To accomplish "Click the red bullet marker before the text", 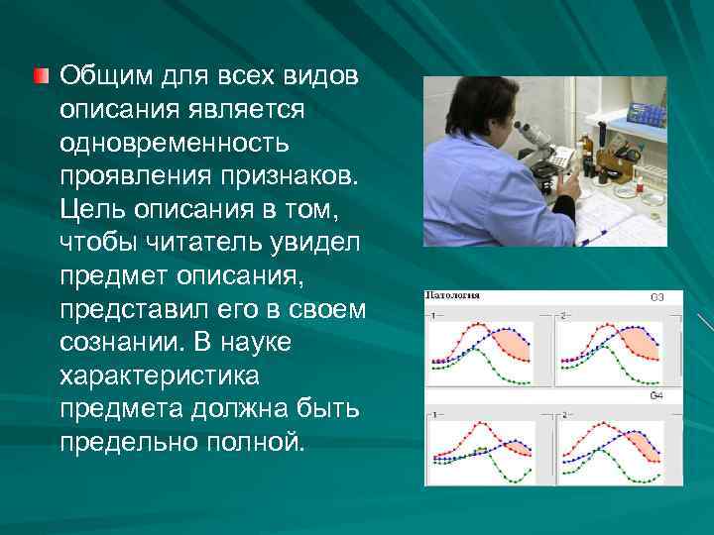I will [x=41, y=76].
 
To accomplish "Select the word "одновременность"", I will [x=176, y=144].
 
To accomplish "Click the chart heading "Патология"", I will [x=453, y=295].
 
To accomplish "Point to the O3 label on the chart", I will [x=657, y=297].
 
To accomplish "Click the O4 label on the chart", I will [x=657, y=396].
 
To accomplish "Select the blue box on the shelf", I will [x=646, y=113].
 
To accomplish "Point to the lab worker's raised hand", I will [x=567, y=185].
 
